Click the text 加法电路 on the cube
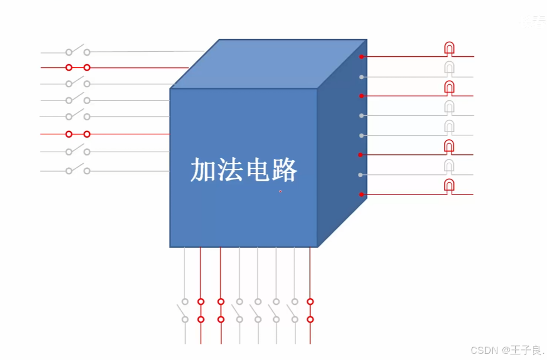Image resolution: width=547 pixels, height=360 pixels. (x=244, y=170)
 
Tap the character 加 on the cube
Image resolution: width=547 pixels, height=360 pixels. (x=204, y=170)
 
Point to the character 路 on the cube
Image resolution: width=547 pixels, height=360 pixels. (x=284, y=170)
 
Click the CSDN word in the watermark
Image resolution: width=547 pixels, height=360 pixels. (x=484, y=350)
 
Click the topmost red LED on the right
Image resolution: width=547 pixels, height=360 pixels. (x=449, y=49)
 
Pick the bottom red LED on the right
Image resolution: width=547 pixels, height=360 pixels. (x=449, y=187)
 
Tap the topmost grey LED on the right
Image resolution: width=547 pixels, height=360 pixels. (x=449, y=69)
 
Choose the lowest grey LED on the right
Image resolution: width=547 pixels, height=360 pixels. (x=449, y=167)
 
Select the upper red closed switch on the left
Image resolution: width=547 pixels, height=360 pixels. (x=78, y=67)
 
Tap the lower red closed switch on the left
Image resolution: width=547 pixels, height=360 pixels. (x=78, y=134)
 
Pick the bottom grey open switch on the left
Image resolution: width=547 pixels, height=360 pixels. (x=78, y=170)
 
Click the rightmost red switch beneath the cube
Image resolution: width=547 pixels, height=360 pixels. (x=310, y=310)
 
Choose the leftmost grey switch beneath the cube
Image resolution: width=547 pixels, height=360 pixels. (x=185, y=310)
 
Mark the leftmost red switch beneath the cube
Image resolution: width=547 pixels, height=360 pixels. (x=201, y=310)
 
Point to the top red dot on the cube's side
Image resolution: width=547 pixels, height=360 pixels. (x=361, y=57)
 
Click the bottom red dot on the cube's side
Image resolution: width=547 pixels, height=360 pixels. (x=361, y=194)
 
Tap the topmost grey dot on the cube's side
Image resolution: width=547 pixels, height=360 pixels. (x=361, y=77)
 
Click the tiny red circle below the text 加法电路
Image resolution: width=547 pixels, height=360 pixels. (x=280, y=191)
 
